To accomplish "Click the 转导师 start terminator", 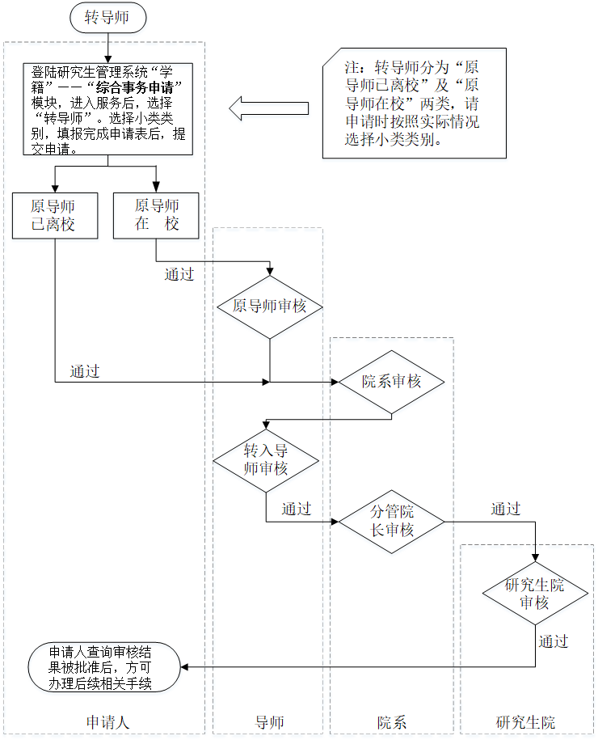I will click(x=107, y=18).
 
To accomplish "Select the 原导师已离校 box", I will click(x=54, y=215).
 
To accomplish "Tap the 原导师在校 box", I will click(x=157, y=215).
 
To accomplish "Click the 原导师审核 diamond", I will click(x=270, y=307).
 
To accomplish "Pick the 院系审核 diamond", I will click(x=392, y=381).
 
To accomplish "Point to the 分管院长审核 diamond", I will click(x=392, y=521).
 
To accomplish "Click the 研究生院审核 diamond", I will click(x=534, y=594).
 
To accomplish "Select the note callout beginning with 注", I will click(x=413, y=102).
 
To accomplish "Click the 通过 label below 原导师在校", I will click(x=179, y=274).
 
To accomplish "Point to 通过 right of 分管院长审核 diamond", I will click(x=506, y=510).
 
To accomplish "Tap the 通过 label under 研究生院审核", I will click(x=554, y=641).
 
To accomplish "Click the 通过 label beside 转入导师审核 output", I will click(x=297, y=510).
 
